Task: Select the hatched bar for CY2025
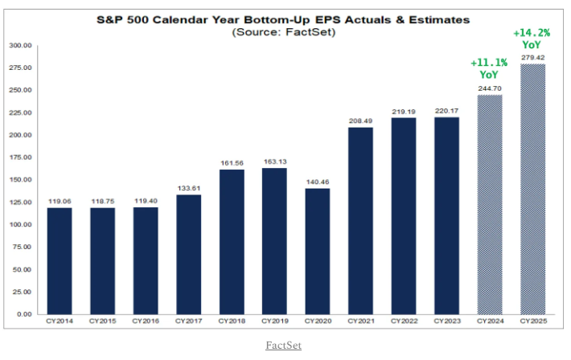(x=533, y=189)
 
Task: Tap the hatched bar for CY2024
(x=491, y=204)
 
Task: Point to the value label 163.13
(x=276, y=162)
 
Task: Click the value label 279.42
(x=533, y=58)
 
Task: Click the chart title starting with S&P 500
(x=285, y=18)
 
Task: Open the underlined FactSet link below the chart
(x=285, y=345)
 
